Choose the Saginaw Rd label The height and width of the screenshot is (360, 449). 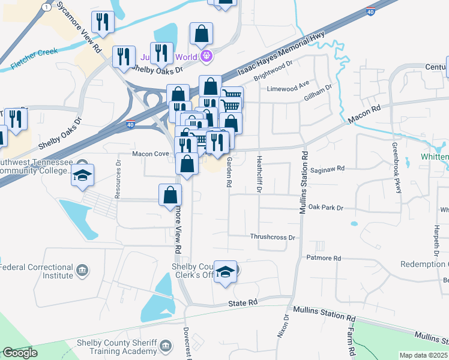[332, 169]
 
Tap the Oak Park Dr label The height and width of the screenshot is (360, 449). [326, 208]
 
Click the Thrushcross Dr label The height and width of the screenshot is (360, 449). [273, 237]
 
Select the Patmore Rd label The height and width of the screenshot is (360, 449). [324, 258]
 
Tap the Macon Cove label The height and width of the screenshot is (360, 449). [150, 154]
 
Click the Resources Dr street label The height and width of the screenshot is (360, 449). [118, 179]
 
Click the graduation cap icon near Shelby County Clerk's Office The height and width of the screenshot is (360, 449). [226, 271]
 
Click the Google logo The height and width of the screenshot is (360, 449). [20, 353]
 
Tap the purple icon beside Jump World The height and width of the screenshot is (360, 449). [206, 58]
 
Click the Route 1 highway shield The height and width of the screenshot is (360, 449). [46, 5]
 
